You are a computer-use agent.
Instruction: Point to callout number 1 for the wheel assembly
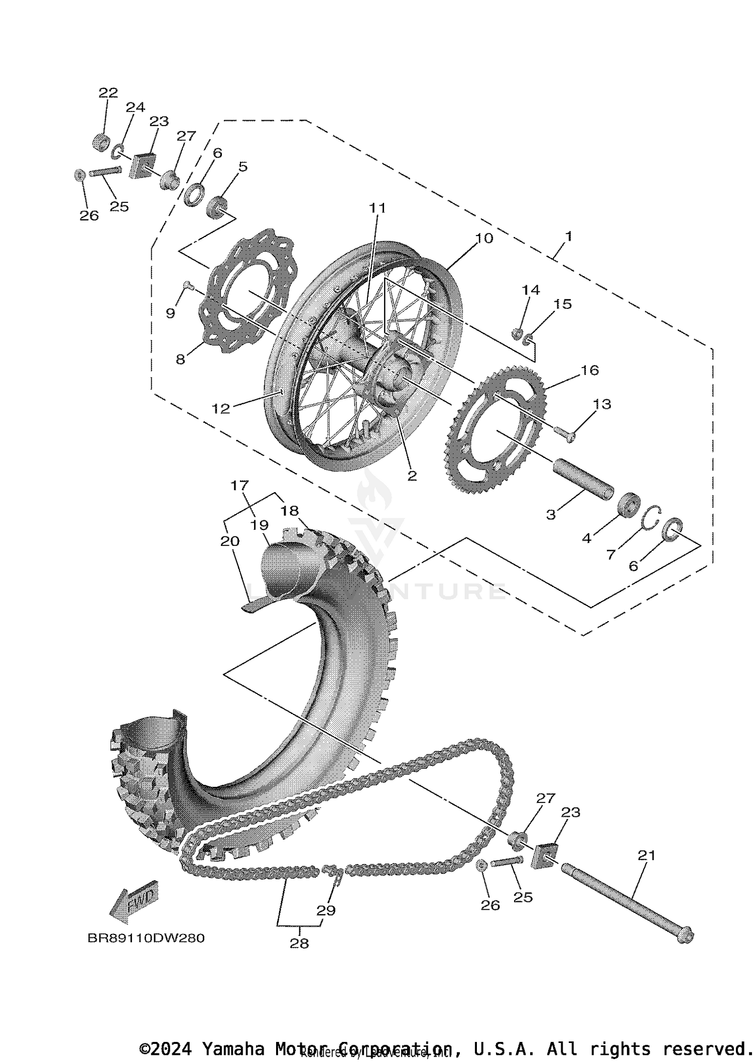click(568, 235)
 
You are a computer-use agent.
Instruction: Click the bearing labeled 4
click(628, 504)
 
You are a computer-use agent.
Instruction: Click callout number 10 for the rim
click(484, 238)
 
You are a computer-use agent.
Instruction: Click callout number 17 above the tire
click(240, 486)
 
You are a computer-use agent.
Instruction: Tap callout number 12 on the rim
click(221, 408)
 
